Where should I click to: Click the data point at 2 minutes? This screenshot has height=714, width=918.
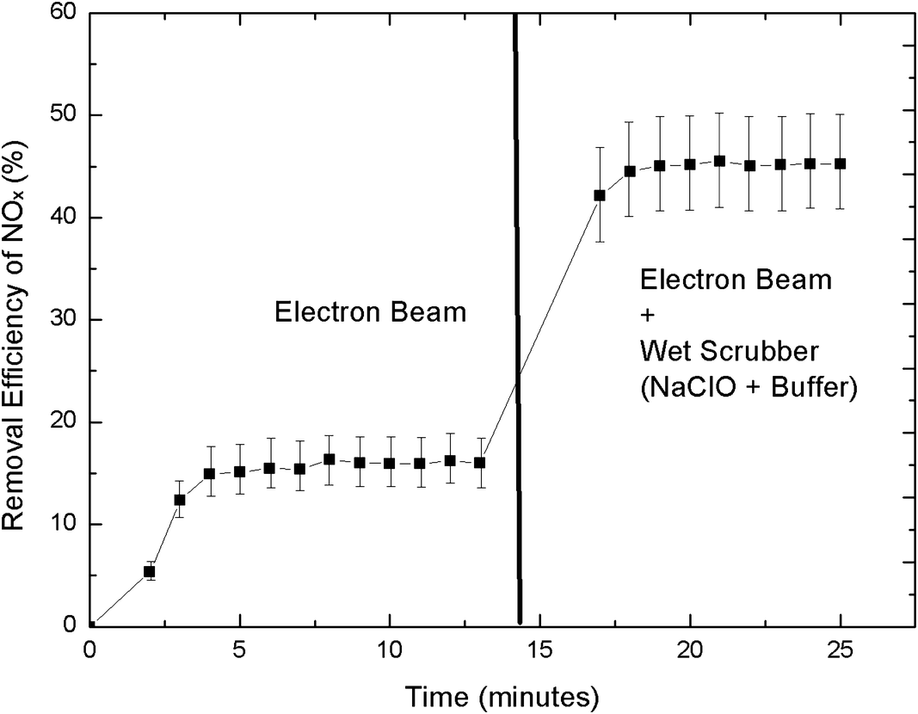149,571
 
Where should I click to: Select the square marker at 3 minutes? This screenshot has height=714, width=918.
179,500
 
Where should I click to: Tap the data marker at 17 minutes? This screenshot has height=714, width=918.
600,195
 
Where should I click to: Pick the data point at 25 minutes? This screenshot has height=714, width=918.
841,163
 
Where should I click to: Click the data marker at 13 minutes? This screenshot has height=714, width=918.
479,463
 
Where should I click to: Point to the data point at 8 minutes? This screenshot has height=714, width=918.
329,459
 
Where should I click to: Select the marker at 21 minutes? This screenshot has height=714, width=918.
719,161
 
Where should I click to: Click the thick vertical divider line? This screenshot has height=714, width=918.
517,318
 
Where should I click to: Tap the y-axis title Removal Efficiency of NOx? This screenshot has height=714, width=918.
18,319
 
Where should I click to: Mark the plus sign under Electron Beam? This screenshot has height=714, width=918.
647,316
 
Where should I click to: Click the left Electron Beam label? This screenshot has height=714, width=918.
370,312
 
